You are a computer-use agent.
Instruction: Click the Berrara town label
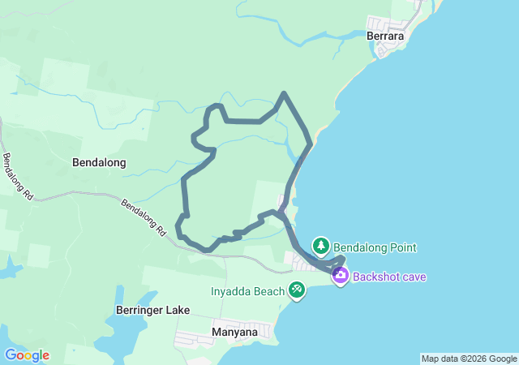[384, 36]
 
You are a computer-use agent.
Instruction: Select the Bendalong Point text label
[375, 247]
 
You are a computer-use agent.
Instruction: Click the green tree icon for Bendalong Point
[321, 245]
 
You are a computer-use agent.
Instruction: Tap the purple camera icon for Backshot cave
[341, 277]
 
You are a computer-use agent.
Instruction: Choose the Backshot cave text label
[389, 277]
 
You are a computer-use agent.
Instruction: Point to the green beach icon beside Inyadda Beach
[297, 290]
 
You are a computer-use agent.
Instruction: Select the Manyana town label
[234, 332]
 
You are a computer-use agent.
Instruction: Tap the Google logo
[27, 355]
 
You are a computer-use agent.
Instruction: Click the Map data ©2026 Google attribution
[469, 359]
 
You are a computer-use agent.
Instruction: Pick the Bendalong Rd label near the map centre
[144, 217]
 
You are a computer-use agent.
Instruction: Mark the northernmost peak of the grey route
[283, 95]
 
